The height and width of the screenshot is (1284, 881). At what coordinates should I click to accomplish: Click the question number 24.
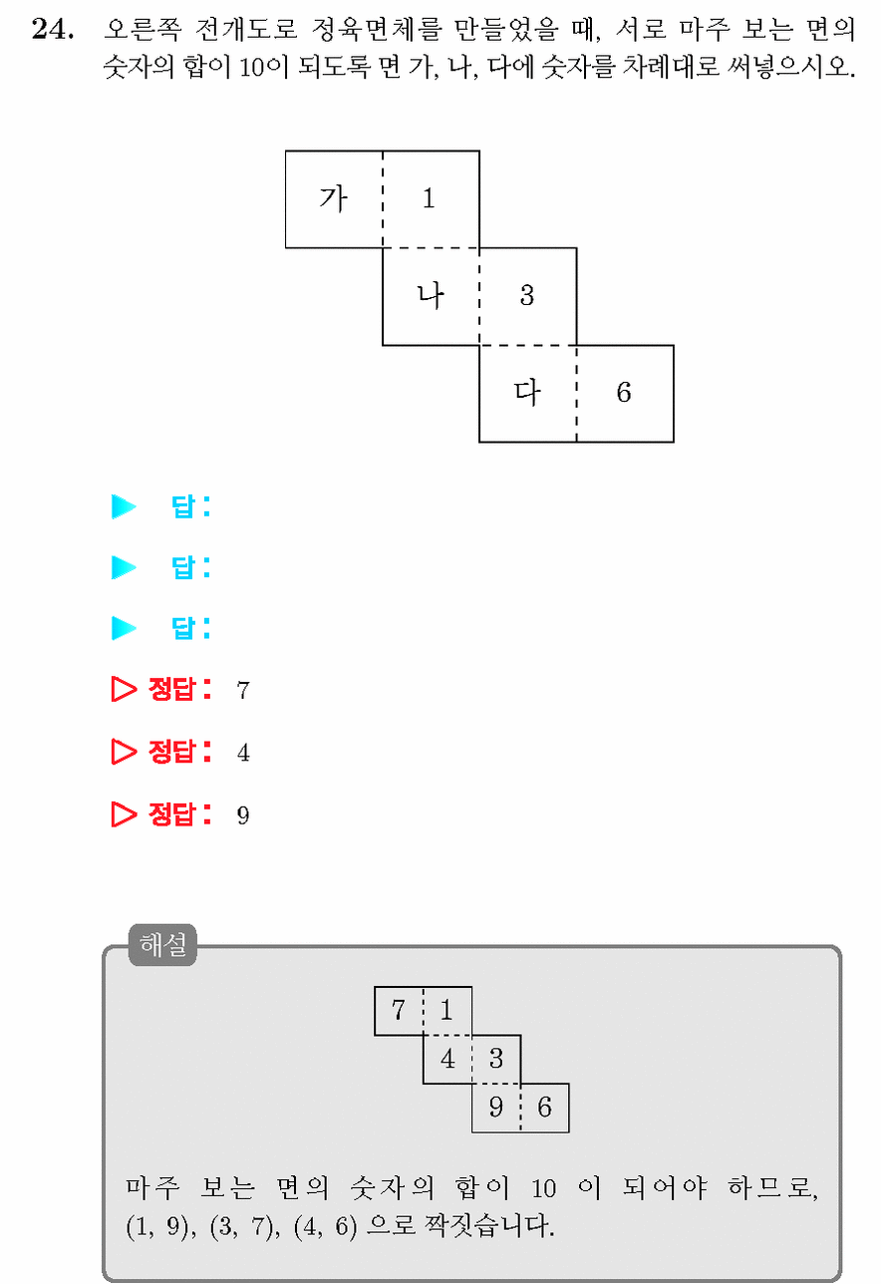53,29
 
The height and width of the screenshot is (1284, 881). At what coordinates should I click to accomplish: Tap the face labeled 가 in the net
334,199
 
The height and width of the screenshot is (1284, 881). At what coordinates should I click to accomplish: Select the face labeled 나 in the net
432,296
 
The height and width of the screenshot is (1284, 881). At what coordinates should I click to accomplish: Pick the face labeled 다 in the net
528,393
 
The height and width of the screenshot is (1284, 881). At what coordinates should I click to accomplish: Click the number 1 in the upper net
429,199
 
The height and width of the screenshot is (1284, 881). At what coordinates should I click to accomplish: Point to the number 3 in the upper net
527,296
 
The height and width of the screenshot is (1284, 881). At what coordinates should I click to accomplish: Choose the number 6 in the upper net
624,393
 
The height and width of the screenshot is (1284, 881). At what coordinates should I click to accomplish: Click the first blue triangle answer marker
124,506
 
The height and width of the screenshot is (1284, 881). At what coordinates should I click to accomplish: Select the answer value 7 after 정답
243,690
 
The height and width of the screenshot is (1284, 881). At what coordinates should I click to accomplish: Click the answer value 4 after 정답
243,753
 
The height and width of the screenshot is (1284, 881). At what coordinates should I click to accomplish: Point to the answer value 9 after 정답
243,815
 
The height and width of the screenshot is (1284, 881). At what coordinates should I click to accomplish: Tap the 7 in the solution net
399,1010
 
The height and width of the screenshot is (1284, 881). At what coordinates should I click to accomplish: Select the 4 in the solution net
447,1059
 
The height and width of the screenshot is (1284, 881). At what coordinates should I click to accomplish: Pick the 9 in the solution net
496,1107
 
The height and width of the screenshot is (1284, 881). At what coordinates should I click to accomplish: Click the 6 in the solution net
544,1107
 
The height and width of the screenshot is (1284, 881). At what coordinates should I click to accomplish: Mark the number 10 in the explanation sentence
543,1188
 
